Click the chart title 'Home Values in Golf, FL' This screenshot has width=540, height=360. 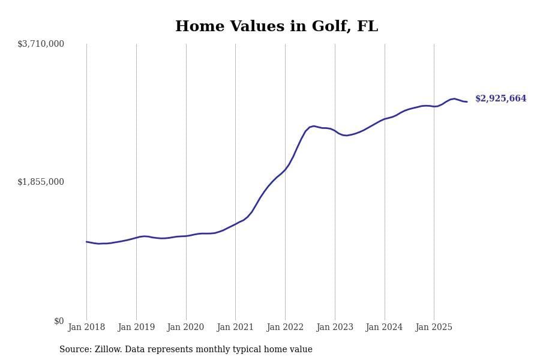[277, 27]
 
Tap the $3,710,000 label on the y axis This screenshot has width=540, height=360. [41, 44]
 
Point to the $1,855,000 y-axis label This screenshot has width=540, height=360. [41, 182]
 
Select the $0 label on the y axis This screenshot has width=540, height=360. [59, 321]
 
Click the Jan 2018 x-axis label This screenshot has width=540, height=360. [86, 328]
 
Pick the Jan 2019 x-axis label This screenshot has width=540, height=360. [136, 328]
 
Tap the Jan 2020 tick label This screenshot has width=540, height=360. [185, 328]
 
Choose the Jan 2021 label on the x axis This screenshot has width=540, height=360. [235, 328]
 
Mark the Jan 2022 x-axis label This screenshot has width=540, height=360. [285, 328]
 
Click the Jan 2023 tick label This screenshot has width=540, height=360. [335, 328]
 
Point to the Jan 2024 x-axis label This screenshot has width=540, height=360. [384, 328]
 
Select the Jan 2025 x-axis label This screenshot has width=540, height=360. [434, 328]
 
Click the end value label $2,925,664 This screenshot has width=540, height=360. [500, 99]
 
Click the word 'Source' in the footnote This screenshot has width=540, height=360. [74, 350]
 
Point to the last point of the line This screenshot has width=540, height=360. [467, 102]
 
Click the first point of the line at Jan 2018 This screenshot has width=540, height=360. [86, 242]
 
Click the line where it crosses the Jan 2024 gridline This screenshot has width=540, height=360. [385, 119]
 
